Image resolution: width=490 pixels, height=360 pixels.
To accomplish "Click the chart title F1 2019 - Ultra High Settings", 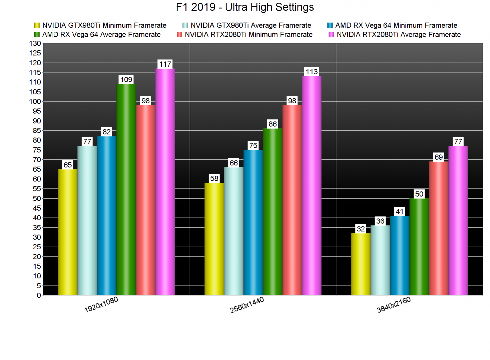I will pyautogui.click(x=245, y=7).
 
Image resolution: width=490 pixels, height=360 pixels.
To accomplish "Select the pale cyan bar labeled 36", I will pyautogui.click(x=380, y=260).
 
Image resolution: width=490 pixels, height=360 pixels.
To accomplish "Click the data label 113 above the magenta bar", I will pyautogui.click(x=312, y=72).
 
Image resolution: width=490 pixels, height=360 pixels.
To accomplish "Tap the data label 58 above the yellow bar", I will pyautogui.click(x=214, y=178).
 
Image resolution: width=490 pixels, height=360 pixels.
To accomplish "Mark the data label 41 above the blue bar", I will pyautogui.click(x=400, y=211).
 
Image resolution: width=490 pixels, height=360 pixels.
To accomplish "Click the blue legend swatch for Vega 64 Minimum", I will pyautogui.click(x=330, y=25).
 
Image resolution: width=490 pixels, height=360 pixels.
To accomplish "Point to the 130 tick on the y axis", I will pyautogui.click(x=35, y=43).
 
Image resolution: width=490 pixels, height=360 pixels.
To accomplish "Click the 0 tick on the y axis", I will pyautogui.click(x=39, y=295).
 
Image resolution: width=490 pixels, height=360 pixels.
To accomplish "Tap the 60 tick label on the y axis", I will pyautogui.click(x=37, y=179).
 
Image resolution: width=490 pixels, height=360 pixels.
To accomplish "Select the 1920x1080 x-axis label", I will pyautogui.click(x=101, y=305).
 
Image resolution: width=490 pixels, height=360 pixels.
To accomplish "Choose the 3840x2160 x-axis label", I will pyautogui.click(x=394, y=305).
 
